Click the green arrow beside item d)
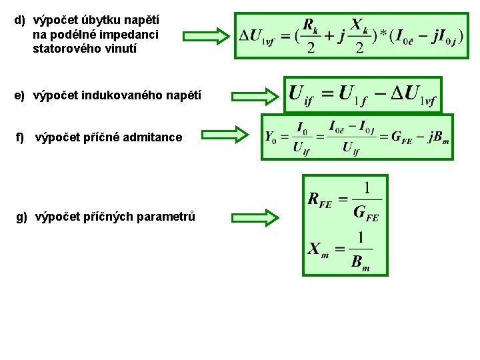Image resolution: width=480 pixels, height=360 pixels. pyautogui.click(x=205, y=36)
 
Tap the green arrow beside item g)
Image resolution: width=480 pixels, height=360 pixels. pyautogui.click(x=256, y=217)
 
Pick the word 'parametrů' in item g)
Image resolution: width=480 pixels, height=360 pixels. pyautogui.click(x=166, y=217)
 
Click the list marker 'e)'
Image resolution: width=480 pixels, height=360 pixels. pyautogui.click(x=19, y=96)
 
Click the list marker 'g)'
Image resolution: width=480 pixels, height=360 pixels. pyautogui.click(x=21, y=217)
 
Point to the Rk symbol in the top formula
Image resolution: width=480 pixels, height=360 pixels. pyautogui.click(x=311, y=26)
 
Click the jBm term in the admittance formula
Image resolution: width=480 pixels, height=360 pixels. pyautogui.click(x=437, y=137)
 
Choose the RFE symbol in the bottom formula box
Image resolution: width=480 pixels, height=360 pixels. pyautogui.click(x=320, y=199)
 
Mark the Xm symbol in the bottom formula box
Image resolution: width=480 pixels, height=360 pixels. pyautogui.click(x=318, y=250)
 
